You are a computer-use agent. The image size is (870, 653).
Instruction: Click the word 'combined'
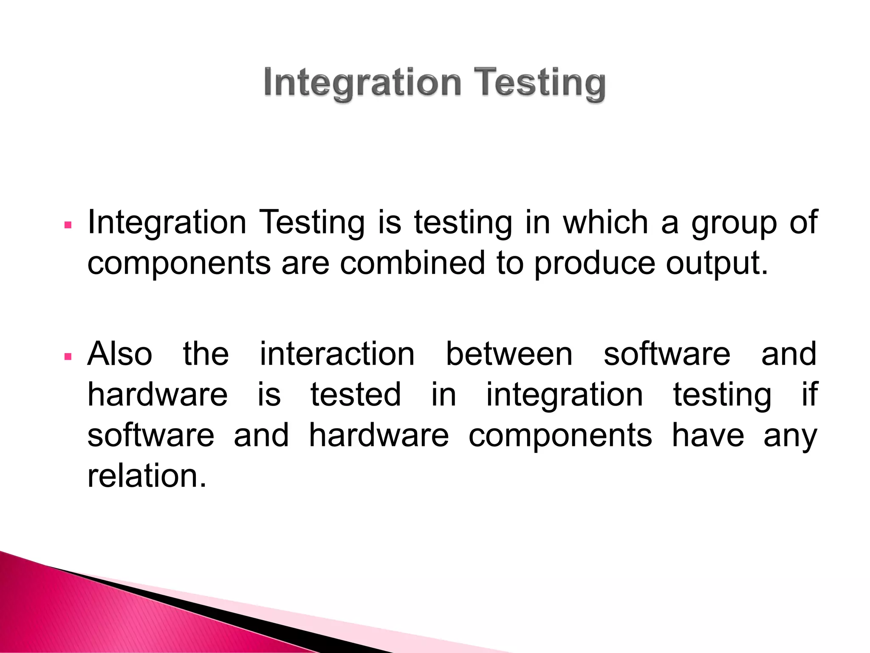tap(412, 263)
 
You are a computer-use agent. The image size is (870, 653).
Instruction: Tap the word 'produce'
tap(594, 264)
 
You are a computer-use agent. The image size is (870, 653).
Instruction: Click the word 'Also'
tap(120, 354)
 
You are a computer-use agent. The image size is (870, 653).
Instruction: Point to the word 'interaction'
tap(337, 354)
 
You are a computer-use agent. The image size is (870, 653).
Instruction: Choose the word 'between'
tap(509, 354)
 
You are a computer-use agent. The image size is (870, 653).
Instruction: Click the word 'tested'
tap(356, 394)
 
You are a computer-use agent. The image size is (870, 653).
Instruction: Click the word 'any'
tap(790, 437)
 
